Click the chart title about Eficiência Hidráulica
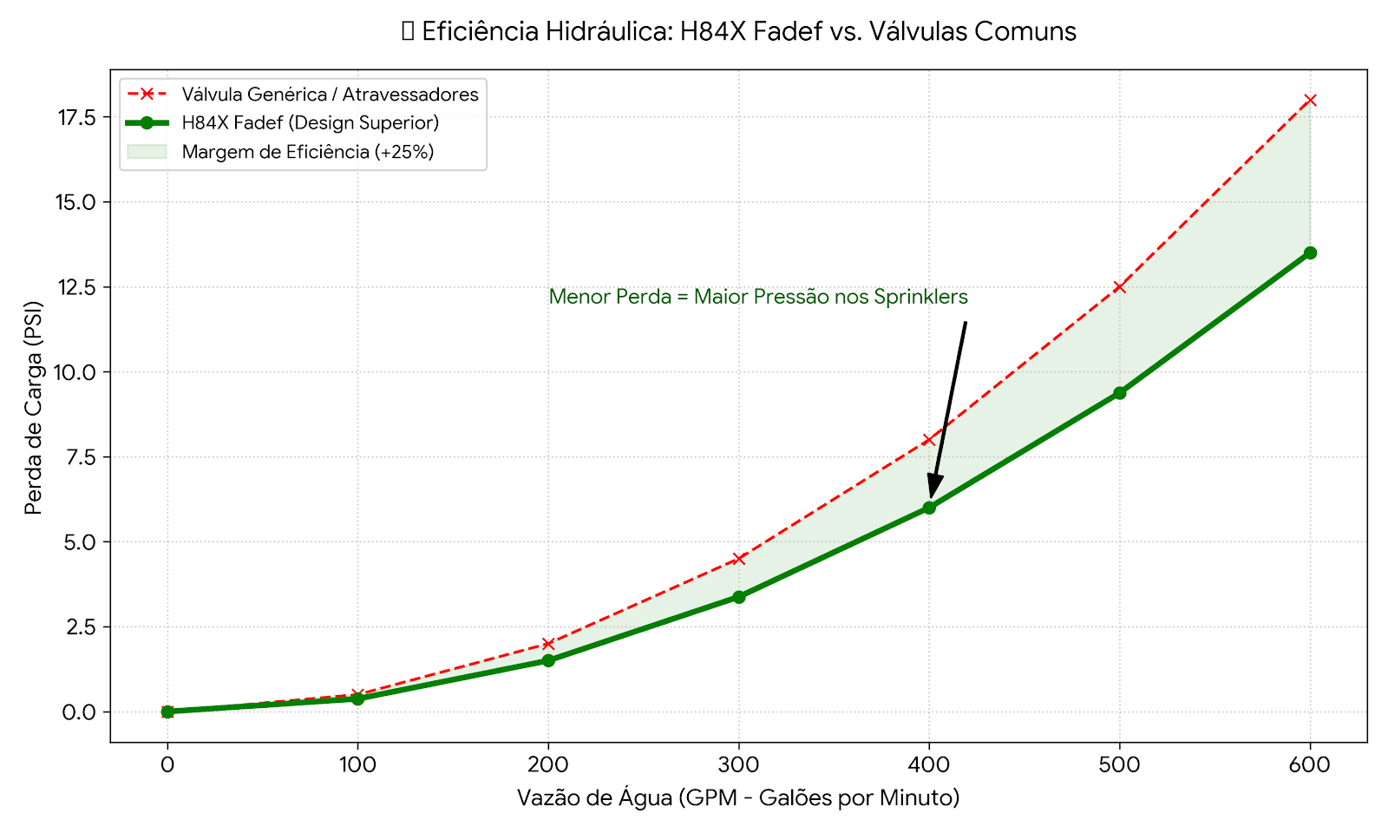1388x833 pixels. (x=739, y=32)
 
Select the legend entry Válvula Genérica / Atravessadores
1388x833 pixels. (x=330, y=94)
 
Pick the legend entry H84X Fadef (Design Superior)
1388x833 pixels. (x=310, y=122)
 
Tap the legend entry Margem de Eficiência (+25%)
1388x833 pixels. (x=307, y=152)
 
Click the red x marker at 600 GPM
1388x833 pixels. (x=1310, y=100)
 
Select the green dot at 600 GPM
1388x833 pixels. (x=1310, y=253)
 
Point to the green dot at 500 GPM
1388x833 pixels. (x=1119, y=393)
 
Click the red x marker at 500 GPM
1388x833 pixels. (x=1119, y=286)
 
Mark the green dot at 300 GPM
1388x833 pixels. (x=738, y=597)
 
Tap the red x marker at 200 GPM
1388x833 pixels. (x=548, y=644)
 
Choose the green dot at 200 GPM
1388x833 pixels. (x=548, y=660)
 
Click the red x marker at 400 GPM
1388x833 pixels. (x=929, y=440)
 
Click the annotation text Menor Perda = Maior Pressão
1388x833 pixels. (x=758, y=297)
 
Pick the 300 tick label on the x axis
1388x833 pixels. (x=738, y=765)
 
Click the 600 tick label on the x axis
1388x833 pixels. (x=1310, y=765)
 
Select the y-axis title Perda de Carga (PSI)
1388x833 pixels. (x=33, y=407)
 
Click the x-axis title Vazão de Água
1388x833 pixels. (x=738, y=797)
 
